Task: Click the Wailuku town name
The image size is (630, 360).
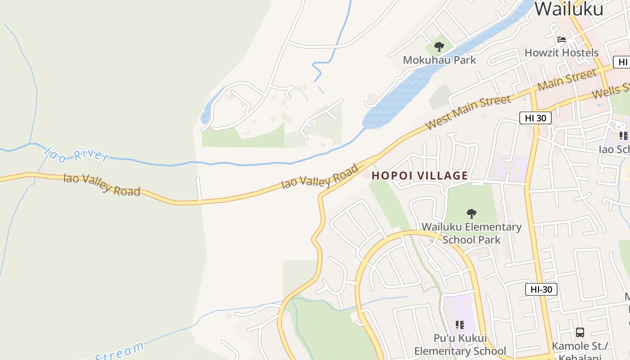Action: [x=569, y=9]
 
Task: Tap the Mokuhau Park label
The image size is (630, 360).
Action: [x=439, y=60]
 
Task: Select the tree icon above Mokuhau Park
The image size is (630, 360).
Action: [x=439, y=46]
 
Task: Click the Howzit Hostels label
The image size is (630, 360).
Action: [x=561, y=53]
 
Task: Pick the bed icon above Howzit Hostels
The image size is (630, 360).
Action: [x=561, y=40]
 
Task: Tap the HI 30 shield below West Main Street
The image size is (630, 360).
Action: [x=535, y=118]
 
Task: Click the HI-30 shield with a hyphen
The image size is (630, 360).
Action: [x=541, y=289]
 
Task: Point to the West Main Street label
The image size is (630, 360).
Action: [x=468, y=112]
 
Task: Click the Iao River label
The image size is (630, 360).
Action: [x=76, y=154]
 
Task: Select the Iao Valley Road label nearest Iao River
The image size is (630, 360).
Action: [x=102, y=184]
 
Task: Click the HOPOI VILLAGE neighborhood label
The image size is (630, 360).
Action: [x=419, y=175]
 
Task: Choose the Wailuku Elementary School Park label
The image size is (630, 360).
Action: [x=471, y=233]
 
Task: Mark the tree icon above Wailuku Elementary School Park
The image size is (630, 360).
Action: [x=471, y=213]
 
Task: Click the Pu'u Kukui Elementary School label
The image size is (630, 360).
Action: [x=460, y=345]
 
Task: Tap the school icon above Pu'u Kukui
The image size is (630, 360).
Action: [x=459, y=324]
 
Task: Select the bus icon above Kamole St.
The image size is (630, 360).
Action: [x=580, y=333]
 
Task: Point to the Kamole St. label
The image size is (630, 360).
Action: [x=580, y=346]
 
